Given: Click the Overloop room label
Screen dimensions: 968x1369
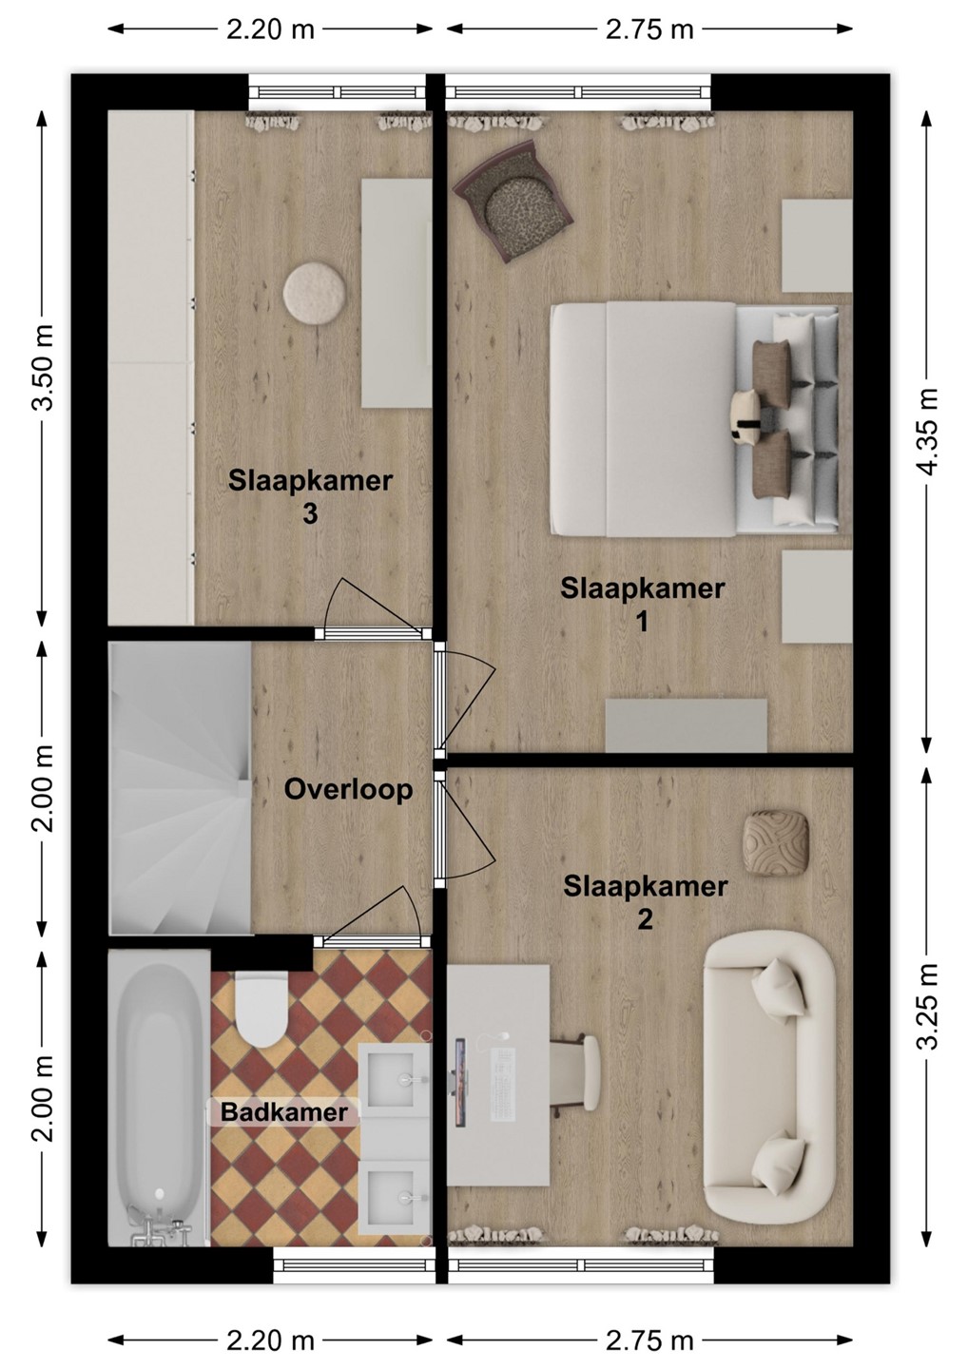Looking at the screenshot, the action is [348, 790].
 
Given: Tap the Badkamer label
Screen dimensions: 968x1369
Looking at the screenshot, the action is [284, 1111].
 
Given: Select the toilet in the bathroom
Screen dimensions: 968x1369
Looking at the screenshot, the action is [261, 1009].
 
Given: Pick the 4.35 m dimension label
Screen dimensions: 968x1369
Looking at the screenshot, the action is [929, 431].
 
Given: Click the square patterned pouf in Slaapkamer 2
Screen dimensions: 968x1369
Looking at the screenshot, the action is [776, 841].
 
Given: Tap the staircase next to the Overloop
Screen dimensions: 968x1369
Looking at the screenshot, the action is [180, 788].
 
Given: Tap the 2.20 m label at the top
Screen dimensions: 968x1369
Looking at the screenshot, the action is [270, 29].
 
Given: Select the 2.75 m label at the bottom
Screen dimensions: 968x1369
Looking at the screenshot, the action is [649, 1337].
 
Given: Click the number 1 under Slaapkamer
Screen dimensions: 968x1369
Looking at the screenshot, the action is [642, 623].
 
